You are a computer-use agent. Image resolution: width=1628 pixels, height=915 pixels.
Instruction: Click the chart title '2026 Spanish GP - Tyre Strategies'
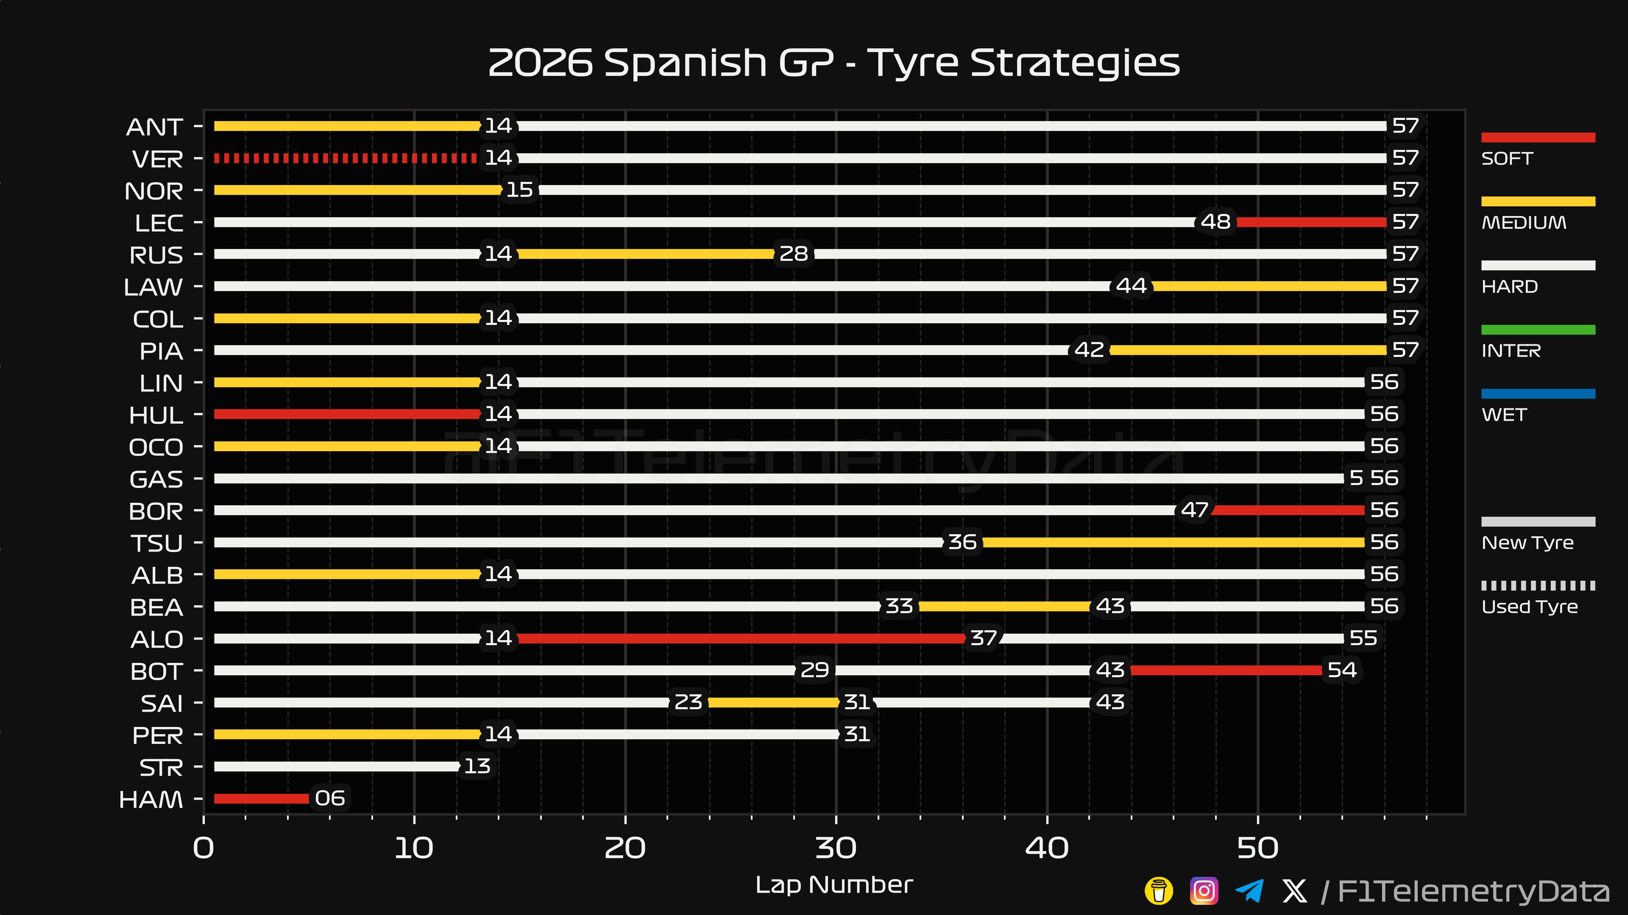[834, 63]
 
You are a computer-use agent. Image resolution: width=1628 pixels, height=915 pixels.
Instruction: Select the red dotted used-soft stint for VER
[346, 158]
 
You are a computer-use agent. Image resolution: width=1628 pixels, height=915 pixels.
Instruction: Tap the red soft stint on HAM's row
[262, 798]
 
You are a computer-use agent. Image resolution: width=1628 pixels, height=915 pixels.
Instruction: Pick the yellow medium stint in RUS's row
[645, 254]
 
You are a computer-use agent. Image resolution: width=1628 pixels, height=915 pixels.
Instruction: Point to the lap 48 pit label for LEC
[1215, 222]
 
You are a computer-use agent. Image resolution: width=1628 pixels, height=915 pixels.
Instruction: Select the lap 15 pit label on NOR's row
[519, 189]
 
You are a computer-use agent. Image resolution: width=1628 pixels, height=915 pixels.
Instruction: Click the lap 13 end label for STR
[477, 766]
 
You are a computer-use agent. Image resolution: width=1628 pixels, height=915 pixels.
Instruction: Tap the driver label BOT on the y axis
[157, 671]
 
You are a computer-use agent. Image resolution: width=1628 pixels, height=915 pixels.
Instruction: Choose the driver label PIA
[161, 351]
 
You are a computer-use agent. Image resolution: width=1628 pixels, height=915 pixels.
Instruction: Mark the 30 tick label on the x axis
[836, 848]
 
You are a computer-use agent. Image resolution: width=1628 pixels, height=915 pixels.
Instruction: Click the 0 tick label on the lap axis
[203, 848]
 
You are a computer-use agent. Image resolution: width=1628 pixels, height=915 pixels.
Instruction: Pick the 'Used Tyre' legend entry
[1538, 597]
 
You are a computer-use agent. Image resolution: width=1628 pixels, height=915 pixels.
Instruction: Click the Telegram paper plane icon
[1249, 891]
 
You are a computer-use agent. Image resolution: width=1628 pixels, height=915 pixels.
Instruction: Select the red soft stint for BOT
[1226, 670]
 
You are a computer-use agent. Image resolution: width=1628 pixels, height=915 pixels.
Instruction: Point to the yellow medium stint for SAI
[774, 702]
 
